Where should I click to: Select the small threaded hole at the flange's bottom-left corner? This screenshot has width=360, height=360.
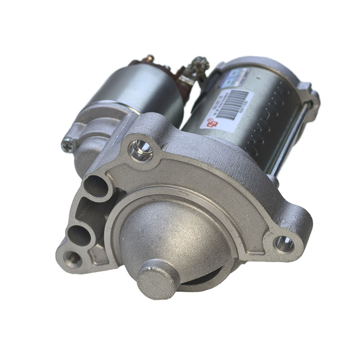point(72,258)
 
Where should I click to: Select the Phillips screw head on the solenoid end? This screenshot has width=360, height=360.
point(69,144)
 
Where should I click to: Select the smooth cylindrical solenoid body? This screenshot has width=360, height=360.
point(135,90)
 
